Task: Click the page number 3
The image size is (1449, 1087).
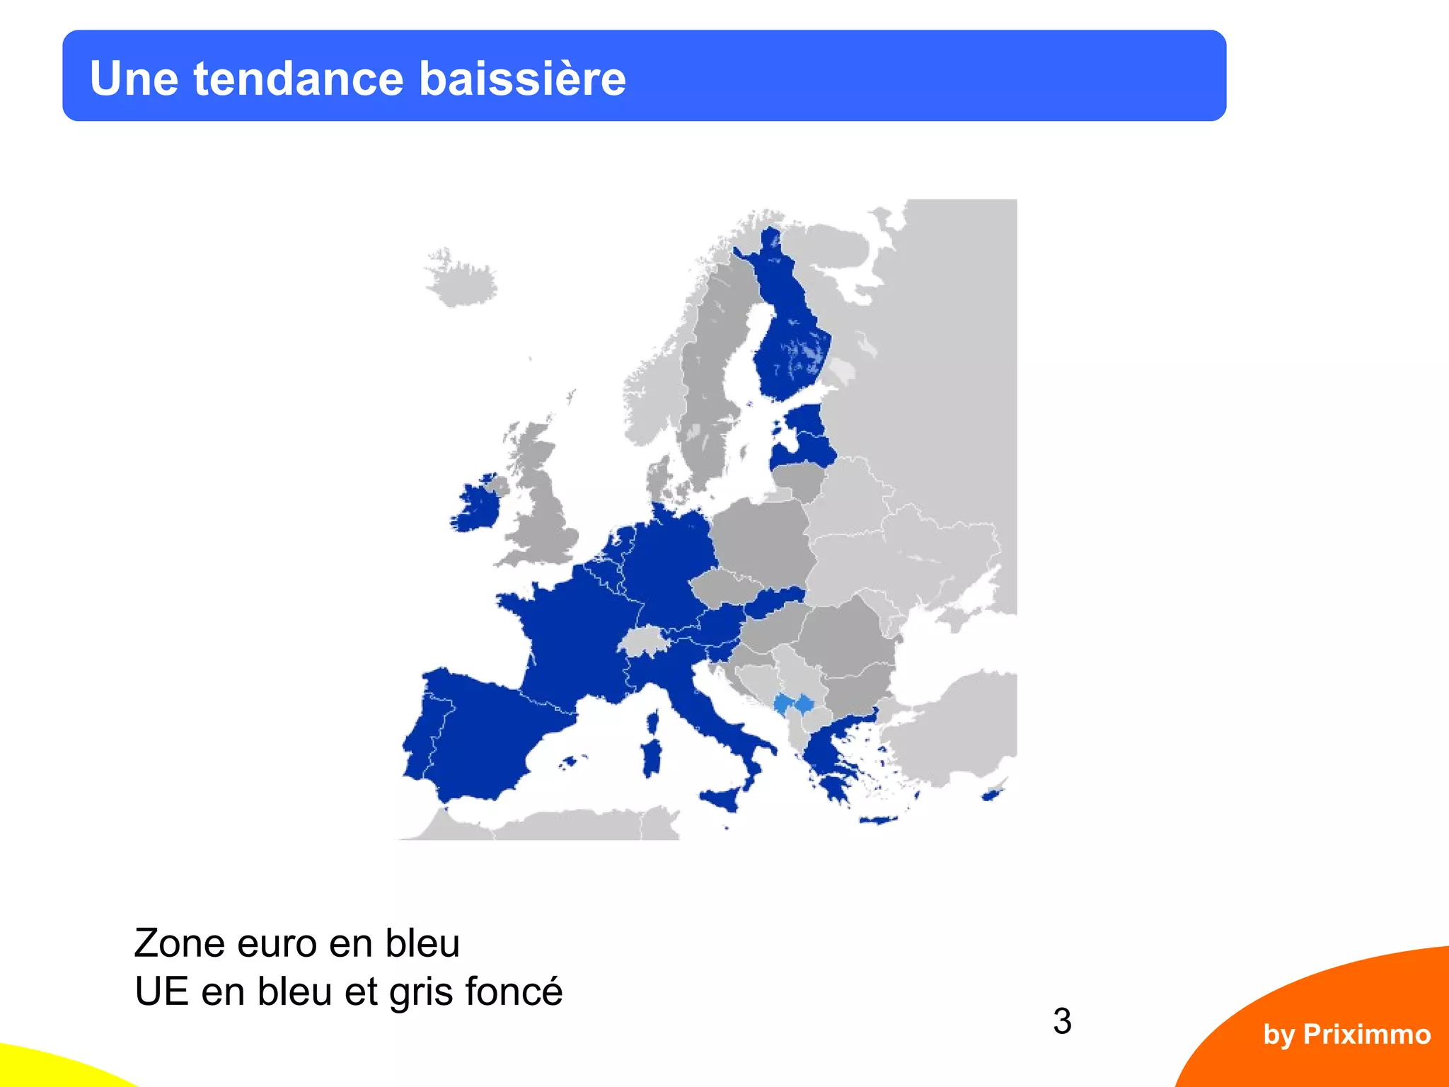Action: (x=1062, y=1021)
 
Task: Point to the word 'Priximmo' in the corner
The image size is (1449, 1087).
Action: (x=1367, y=1035)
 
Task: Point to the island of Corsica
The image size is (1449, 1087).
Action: (x=653, y=722)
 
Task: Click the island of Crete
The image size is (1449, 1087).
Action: (x=878, y=819)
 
